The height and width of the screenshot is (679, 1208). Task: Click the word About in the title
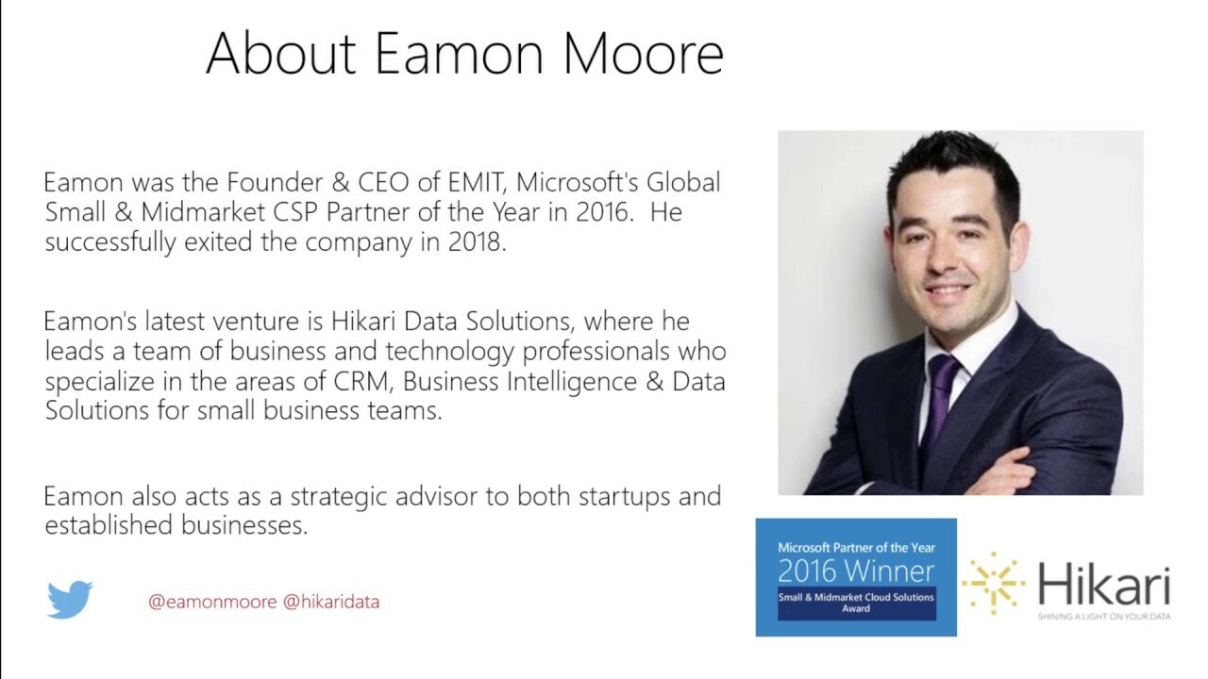(x=281, y=53)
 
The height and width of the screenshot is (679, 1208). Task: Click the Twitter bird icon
(x=70, y=600)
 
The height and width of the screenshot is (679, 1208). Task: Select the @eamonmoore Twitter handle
(x=212, y=602)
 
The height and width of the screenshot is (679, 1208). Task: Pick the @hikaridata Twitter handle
(x=331, y=602)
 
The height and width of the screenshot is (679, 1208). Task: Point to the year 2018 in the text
(x=474, y=241)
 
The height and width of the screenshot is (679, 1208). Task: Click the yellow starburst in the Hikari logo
(x=993, y=584)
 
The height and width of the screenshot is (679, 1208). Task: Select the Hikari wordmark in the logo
(x=1104, y=585)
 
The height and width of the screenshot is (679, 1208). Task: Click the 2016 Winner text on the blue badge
(x=856, y=571)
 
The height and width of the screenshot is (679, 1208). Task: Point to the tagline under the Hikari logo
(x=1103, y=616)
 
